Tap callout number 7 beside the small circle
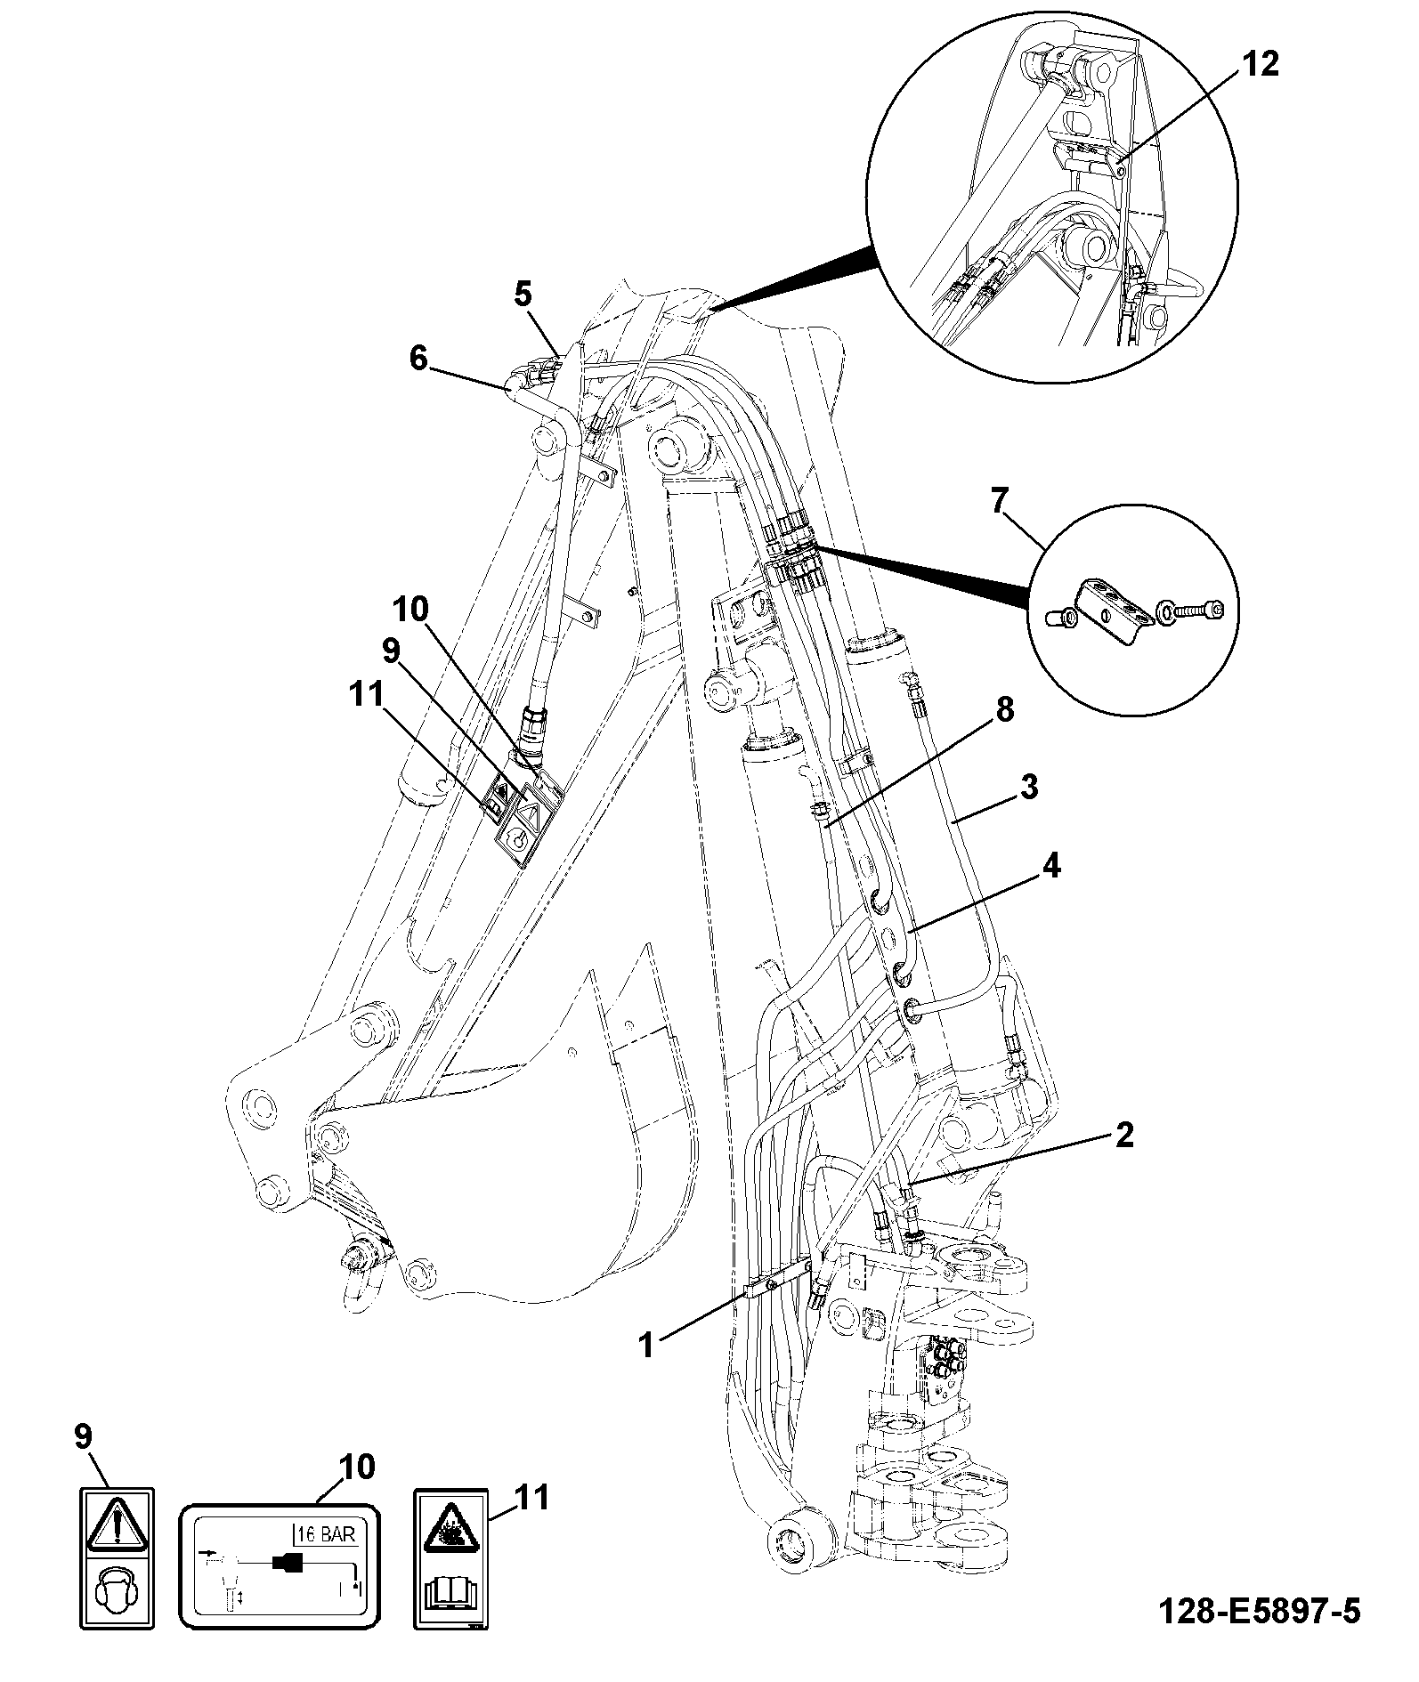(x=1000, y=501)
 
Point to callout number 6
(x=418, y=359)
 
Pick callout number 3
(x=1029, y=788)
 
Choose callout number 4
(x=1052, y=865)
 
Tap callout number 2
(x=1124, y=1135)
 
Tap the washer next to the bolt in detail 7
(x=1164, y=611)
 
